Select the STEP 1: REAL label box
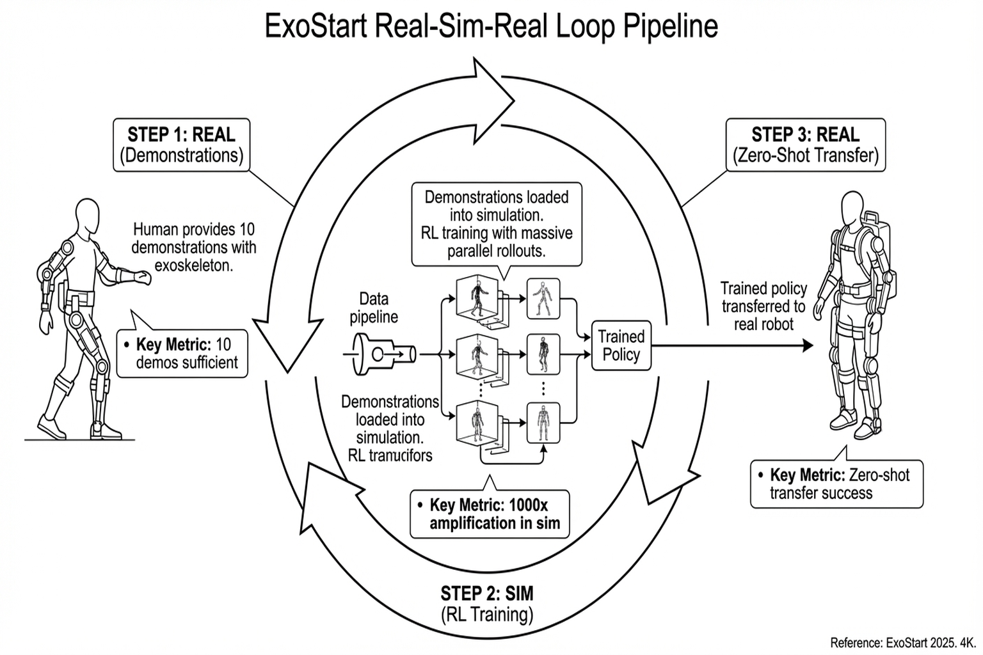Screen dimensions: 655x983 click(181, 145)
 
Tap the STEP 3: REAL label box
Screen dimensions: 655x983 click(805, 145)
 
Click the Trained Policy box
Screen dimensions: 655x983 click(621, 345)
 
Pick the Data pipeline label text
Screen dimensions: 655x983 click(374, 308)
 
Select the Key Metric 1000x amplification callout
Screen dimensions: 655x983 click(489, 514)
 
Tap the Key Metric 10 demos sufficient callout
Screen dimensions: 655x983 click(182, 353)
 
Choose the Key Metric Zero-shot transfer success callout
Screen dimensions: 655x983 click(836, 484)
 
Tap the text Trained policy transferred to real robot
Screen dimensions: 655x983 click(763, 306)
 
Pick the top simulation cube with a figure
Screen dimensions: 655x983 click(477, 297)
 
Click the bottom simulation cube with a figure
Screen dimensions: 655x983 click(477, 422)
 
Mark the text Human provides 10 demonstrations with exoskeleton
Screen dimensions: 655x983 click(193, 247)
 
